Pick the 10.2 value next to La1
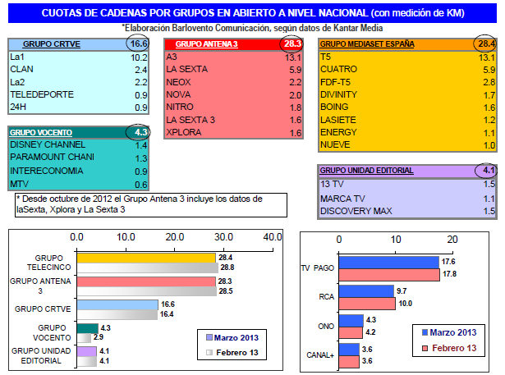(139, 57)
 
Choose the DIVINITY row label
(338, 94)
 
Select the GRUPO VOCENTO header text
(41, 131)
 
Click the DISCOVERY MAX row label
(357, 212)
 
